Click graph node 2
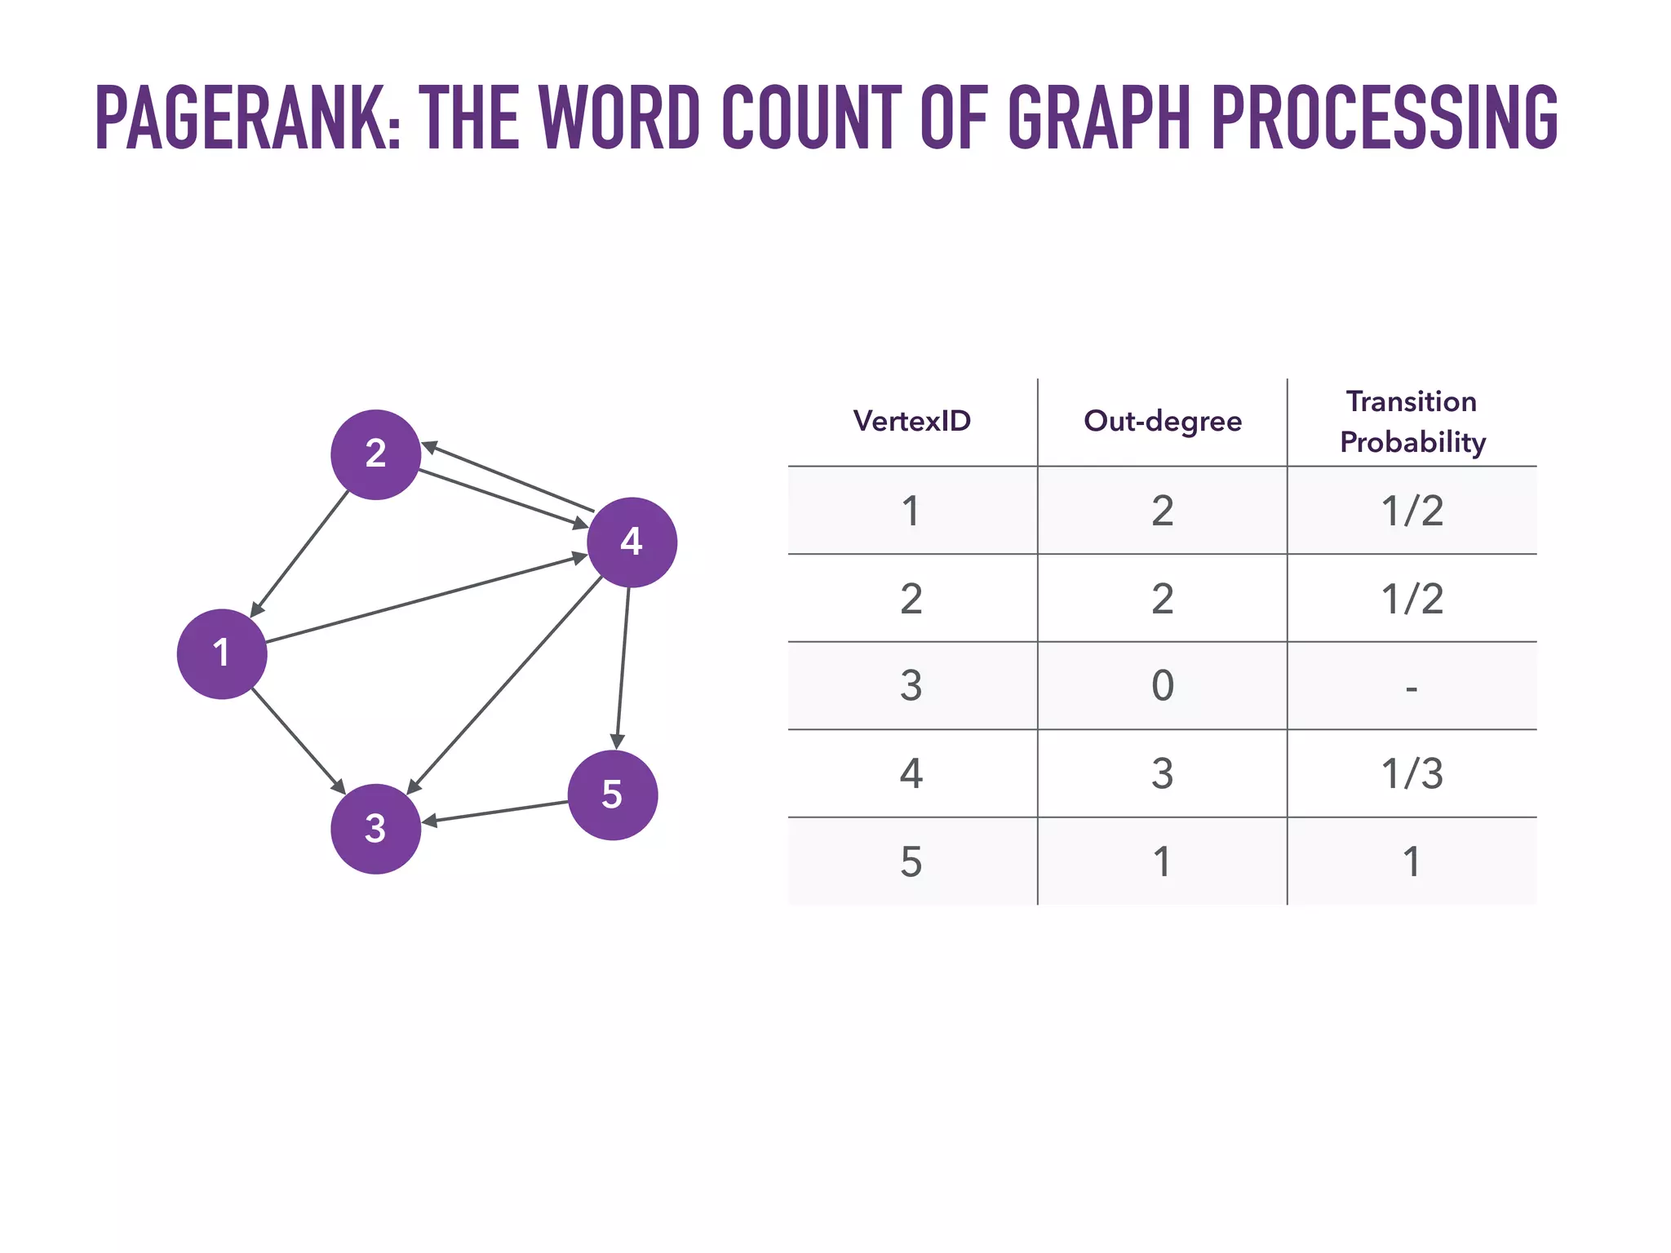point(375,454)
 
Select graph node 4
point(632,542)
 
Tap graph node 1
point(222,653)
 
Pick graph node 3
point(375,829)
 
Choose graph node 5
point(612,795)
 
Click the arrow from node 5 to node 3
point(495,812)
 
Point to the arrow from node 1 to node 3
point(298,741)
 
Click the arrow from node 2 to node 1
point(299,554)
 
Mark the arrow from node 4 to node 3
point(504,685)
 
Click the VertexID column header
point(911,421)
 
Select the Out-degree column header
point(1162,421)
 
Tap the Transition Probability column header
point(1412,422)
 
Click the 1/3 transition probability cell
point(1412,773)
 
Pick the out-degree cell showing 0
point(1162,685)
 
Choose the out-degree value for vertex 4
point(1162,773)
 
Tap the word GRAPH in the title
point(1101,118)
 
